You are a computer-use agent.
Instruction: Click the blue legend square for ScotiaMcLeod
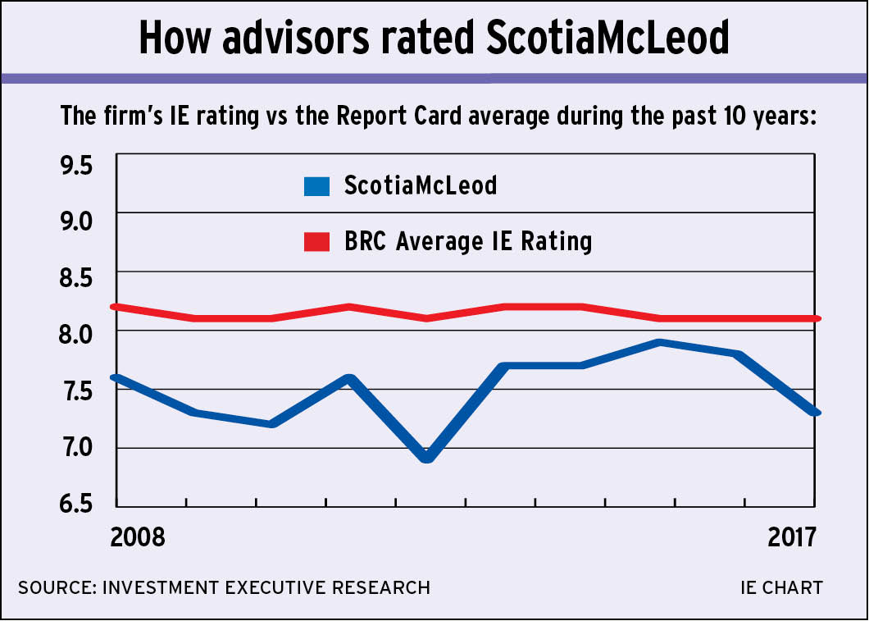[x=316, y=186]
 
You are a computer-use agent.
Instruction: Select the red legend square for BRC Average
[x=316, y=242]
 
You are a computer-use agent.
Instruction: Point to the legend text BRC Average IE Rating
[x=468, y=242]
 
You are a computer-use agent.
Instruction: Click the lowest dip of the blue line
[x=426, y=456]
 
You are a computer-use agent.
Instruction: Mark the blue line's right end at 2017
[x=816, y=412]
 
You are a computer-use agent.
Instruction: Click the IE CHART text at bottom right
[x=780, y=587]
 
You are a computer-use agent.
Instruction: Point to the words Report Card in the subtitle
[x=390, y=115]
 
